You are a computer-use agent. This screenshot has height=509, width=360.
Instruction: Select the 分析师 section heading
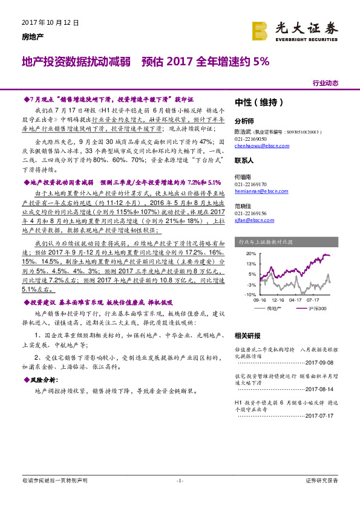point(244,120)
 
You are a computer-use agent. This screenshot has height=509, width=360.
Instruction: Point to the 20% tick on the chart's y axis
point(251,254)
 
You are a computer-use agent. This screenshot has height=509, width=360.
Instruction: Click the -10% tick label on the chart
point(250,294)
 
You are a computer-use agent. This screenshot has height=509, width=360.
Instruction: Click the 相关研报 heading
point(247,335)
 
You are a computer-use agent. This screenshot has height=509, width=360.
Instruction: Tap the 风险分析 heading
point(44,380)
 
